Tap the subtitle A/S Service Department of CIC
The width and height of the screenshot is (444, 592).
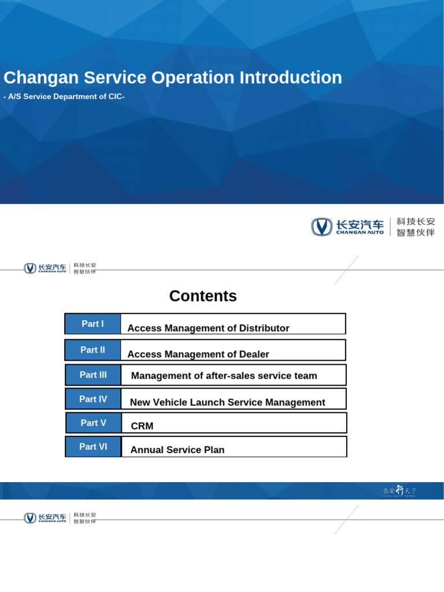tap(64, 97)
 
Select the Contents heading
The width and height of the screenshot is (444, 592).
tap(203, 296)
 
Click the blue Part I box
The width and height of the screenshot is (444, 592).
tap(93, 324)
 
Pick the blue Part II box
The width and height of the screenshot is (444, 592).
tap(93, 350)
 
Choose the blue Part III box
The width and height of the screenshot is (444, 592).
tap(94, 375)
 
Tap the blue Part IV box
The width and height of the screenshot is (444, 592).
tap(94, 399)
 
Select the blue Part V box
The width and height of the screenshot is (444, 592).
tap(94, 423)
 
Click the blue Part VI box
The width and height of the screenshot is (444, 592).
tap(94, 446)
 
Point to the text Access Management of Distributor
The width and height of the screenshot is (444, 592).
tap(208, 328)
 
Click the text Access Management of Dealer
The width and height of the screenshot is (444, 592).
tap(198, 354)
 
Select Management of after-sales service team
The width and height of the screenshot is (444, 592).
tap(224, 376)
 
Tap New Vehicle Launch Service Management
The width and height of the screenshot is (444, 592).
tap(228, 402)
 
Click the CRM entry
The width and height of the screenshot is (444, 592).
tap(142, 426)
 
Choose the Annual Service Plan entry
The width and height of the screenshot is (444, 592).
tap(177, 450)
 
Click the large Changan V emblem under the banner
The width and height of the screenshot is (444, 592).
tap(322, 227)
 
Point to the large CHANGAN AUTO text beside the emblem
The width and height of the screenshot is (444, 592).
tap(360, 232)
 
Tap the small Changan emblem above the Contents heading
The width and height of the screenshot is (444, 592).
tap(30, 268)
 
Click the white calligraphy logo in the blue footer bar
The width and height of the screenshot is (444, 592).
tap(399, 491)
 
